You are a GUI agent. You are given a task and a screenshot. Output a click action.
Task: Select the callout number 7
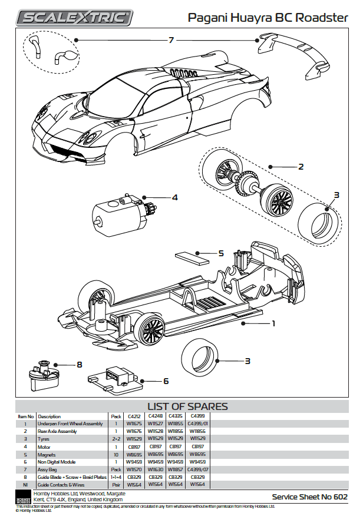[171, 39]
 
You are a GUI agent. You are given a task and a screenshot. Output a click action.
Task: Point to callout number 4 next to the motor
[174, 197]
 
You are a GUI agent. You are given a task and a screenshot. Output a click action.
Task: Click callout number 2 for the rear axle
[301, 167]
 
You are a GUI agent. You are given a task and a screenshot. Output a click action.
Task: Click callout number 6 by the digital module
[166, 381]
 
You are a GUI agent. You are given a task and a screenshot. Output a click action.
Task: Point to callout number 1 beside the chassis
[273, 323]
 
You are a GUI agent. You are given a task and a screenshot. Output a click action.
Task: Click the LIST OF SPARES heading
[187, 406]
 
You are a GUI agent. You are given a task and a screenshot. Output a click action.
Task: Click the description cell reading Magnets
[48, 454]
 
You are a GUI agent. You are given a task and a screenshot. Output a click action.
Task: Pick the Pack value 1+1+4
[116, 477]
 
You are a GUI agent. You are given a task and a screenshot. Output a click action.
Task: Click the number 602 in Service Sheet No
[340, 497]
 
